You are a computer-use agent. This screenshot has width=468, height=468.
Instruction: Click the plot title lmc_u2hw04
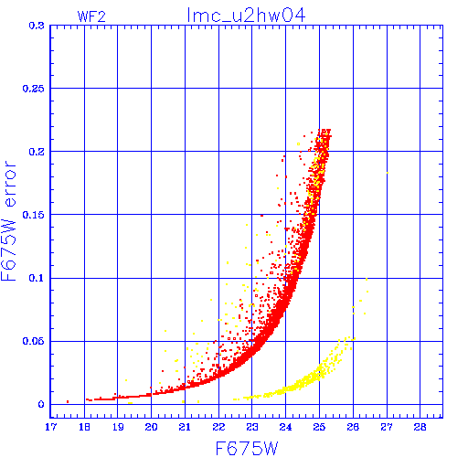click(246, 16)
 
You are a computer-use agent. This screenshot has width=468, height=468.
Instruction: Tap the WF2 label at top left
click(91, 16)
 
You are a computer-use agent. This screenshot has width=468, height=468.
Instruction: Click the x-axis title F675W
click(247, 449)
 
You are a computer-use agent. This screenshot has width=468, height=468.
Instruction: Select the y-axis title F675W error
click(8, 221)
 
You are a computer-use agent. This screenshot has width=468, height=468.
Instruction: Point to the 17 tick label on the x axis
click(50, 427)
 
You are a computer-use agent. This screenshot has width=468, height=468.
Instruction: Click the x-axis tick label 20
click(151, 427)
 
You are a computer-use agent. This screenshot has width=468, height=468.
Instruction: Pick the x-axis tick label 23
click(252, 427)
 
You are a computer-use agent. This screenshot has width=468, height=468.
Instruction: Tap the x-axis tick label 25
click(319, 427)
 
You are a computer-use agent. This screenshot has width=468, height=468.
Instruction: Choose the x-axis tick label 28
click(420, 427)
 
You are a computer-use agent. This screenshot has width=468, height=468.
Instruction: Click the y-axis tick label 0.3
click(37, 26)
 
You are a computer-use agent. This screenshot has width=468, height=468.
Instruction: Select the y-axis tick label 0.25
click(33, 89)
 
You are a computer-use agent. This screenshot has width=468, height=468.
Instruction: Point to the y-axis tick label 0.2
click(37, 152)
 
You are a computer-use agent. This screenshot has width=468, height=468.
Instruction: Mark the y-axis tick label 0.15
click(33, 215)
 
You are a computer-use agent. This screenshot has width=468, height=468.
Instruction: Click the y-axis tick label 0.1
click(37, 278)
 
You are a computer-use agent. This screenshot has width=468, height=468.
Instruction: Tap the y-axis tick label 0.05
click(33, 341)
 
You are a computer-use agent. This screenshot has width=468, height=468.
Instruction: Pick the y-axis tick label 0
click(41, 404)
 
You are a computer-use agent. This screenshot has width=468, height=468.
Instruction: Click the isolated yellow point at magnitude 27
click(388, 173)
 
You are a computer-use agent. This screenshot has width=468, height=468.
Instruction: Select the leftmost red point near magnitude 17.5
click(68, 401)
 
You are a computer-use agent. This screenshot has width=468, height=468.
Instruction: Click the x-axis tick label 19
click(118, 427)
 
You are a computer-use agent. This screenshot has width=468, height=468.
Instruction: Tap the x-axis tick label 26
click(353, 427)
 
